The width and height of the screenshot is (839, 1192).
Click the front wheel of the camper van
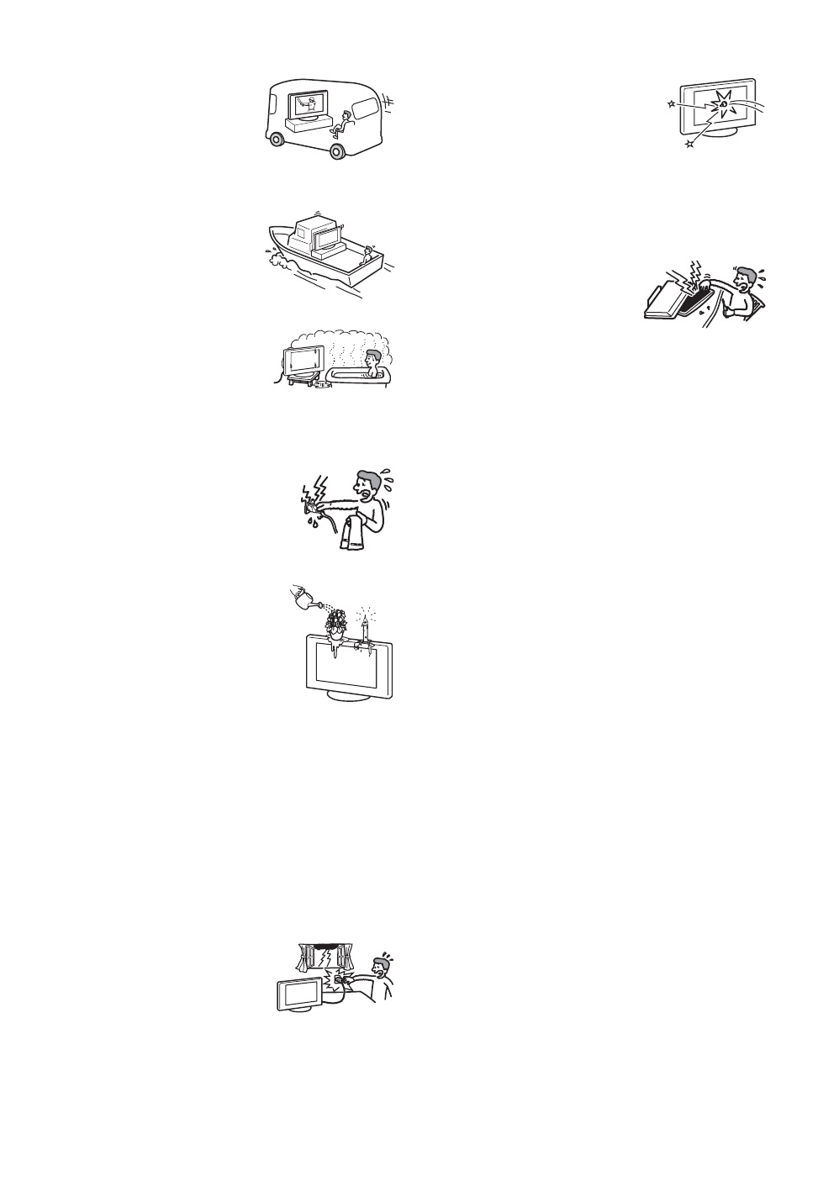tap(337, 151)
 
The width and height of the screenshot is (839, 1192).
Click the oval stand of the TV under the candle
tap(346, 696)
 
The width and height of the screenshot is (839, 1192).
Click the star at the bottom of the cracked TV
tap(689, 145)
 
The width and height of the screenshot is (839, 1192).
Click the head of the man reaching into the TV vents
tap(744, 287)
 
